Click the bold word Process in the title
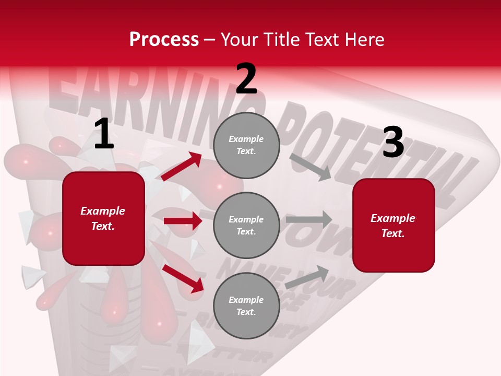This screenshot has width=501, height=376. coord(164,39)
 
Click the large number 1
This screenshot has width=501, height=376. coord(104,134)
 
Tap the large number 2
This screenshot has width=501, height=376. coord(246,79)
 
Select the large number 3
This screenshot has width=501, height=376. coord(393,143)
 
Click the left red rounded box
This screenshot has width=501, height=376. coord(103,218)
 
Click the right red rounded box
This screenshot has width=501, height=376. coord(393,225)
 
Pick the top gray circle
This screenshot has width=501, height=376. coord(246,145)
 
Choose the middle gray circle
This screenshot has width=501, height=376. coord(246,225)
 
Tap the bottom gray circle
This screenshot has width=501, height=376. coord(246,305)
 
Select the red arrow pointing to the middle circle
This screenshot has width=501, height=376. coord(183,221)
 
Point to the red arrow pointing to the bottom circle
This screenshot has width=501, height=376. coord(183,278)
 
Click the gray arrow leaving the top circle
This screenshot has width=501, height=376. coord(310,167)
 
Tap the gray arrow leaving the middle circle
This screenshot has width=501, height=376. coord(309,219)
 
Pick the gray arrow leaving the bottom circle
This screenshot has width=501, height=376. coord(307,277)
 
